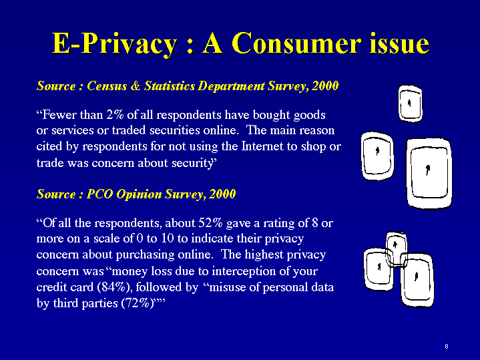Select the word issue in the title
[x=399, y=43]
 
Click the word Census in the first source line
[x=107, y=85]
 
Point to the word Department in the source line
[x=231, y=86]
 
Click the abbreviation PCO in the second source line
[x=99, y=194]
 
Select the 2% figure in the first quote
[x=115, y=115]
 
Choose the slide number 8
[x=447, y=347]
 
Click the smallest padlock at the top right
[x=411, y=104]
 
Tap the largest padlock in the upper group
[x=429, y=173]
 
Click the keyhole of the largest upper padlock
[x=428, y=170]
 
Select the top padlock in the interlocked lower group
[x=396, y=248]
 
